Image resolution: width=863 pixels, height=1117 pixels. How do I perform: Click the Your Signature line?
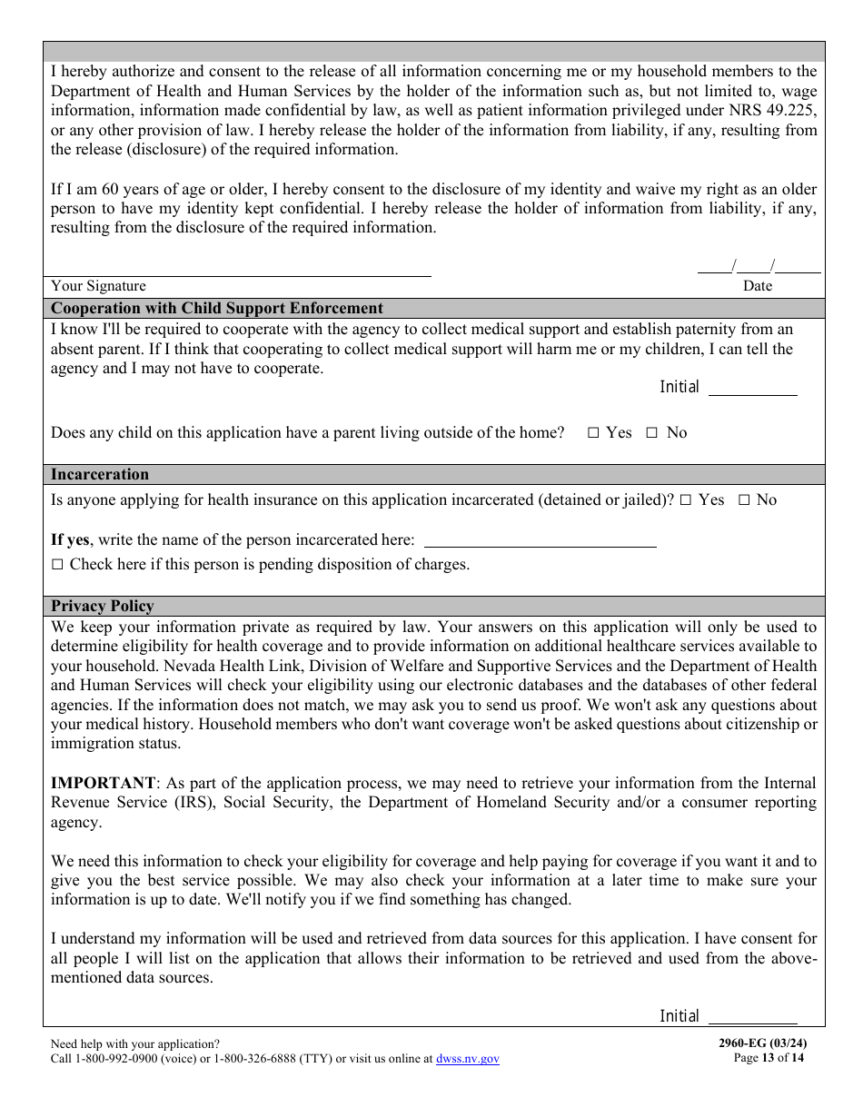(x=241, y=270)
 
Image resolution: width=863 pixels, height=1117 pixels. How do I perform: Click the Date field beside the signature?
(x=759, y=267)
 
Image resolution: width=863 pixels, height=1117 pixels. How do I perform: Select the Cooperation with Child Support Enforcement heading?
(x=217, y=308)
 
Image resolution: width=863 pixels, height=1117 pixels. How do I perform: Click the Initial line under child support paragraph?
(x=752, y=390)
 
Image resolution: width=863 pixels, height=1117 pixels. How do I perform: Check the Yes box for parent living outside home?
(x=593, y=433)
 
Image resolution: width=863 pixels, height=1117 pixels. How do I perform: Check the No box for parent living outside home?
(x=651, y=433)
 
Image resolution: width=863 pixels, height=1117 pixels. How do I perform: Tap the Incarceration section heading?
(x=100, y=474)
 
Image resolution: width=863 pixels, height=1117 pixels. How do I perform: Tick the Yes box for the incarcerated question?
(x=686, y=500)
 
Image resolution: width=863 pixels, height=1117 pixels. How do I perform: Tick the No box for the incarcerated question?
(x=744, y=500)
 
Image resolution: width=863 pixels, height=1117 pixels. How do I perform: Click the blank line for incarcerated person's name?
(x=541, y=542)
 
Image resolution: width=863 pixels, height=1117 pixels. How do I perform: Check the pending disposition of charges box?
(x=57, y=565)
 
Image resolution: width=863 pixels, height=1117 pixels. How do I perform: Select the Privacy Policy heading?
(x=103, y=606)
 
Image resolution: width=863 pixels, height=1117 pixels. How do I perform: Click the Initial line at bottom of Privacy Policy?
(x=752, y=1019)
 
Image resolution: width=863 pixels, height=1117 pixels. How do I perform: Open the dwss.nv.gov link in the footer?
(x=468, y=1059)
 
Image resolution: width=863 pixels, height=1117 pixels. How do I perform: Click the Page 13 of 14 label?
(x=769, y=1057)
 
